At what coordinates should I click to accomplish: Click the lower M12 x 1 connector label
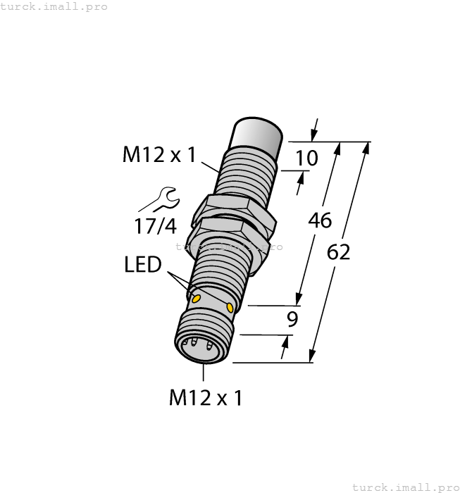point(206,398)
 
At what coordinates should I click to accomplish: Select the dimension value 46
point(320,220)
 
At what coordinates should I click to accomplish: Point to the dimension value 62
point(339,252)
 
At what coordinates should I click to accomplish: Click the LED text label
point(142,265)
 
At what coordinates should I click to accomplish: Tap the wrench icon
point(160,199)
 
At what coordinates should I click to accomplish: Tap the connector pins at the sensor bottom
point(197,345)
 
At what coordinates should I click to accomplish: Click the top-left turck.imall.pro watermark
point(54,6)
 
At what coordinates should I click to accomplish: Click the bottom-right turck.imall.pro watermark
point(404,487)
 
